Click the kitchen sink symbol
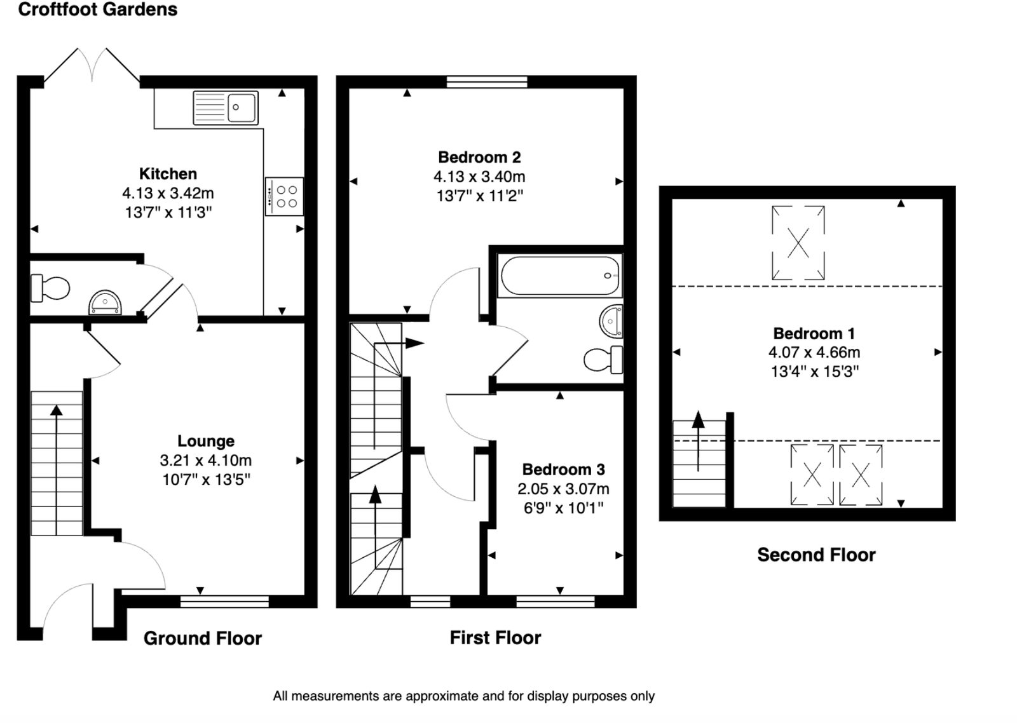click(225, 108)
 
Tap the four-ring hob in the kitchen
click(284, 196)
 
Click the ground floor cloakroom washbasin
click(105, 302)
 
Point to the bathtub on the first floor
click(560, 276)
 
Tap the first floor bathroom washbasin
click(611, 321)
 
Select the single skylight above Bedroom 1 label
click(798, 243)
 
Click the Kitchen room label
click(168, 174)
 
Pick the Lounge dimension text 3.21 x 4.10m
click(205, 461)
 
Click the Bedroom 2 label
click(479, 157)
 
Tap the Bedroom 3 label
click(563, 470)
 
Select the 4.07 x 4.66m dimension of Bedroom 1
click(814, 353)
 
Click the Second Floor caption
click(816, 555)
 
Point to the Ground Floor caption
click(202, 639)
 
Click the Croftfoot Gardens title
click(97, 10)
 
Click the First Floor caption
click(495, 638)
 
